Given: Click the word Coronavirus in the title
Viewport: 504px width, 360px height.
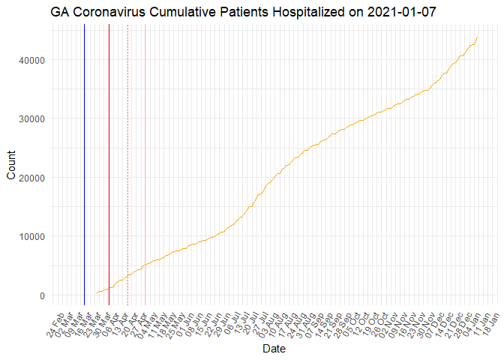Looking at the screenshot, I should coord(108,13).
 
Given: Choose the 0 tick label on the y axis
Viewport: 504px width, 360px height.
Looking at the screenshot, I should coord(41,295).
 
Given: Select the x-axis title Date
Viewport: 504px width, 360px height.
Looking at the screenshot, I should coord(274,349).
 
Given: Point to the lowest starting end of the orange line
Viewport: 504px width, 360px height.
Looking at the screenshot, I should coord(97,292).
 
